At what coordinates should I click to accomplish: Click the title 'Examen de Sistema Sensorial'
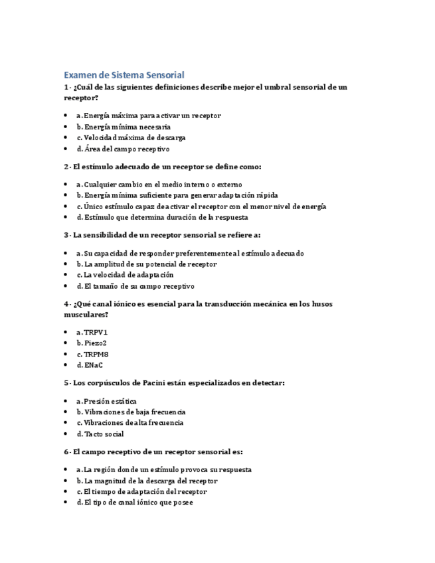point(124,75)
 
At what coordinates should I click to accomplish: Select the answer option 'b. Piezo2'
point(91,343)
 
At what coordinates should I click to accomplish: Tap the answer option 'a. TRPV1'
point(92,332)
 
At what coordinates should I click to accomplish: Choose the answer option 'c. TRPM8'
point(92,354)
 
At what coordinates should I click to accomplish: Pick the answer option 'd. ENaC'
point(90,365)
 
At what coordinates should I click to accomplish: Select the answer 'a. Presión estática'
point(106,401)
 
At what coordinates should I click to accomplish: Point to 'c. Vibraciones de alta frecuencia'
point(130,423)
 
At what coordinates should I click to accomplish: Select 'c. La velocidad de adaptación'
point(124,275)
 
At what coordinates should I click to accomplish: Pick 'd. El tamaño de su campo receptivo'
point(135,286)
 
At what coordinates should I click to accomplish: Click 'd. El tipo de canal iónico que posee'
point(134,503)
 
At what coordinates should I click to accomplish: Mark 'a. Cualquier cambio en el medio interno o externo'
point(159,184)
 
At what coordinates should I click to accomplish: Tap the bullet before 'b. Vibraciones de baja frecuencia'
point(66,412)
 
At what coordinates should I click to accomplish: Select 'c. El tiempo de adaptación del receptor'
point(141,492)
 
